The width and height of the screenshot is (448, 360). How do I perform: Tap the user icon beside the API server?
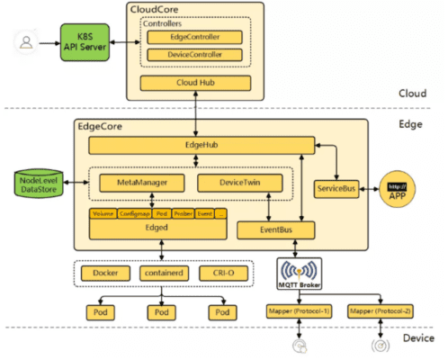(26, 41)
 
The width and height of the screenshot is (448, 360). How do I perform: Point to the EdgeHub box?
(201, 145)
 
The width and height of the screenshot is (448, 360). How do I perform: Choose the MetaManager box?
(138, 183)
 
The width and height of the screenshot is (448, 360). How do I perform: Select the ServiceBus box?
(336, 188)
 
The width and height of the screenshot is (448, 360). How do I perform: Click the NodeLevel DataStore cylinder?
(35, 184)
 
